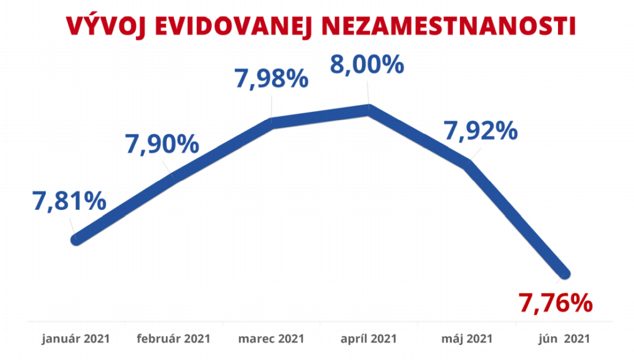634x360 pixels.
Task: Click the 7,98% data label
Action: click(x=271, y=79)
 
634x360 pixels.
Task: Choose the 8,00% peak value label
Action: click(x=367, y=65)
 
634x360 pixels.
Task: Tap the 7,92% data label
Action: click(x=481, y=130)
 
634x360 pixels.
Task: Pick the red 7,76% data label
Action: click(x=555, y=303)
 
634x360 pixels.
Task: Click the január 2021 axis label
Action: click(x=76, y=339)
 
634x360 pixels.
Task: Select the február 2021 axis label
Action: click(x=174, y=339)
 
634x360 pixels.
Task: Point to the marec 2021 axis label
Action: click(x=271, y=339)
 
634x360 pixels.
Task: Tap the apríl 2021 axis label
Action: click(x=369, y=339)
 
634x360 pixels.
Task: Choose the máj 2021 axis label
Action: click(x=466, y=339)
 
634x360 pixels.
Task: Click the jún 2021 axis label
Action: click(x=564, y=339)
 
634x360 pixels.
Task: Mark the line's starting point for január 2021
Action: click(x=77, y=239)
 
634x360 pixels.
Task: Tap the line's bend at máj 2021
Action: click(x=467, y=163)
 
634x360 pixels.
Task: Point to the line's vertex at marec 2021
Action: click(x=272, y=123)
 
